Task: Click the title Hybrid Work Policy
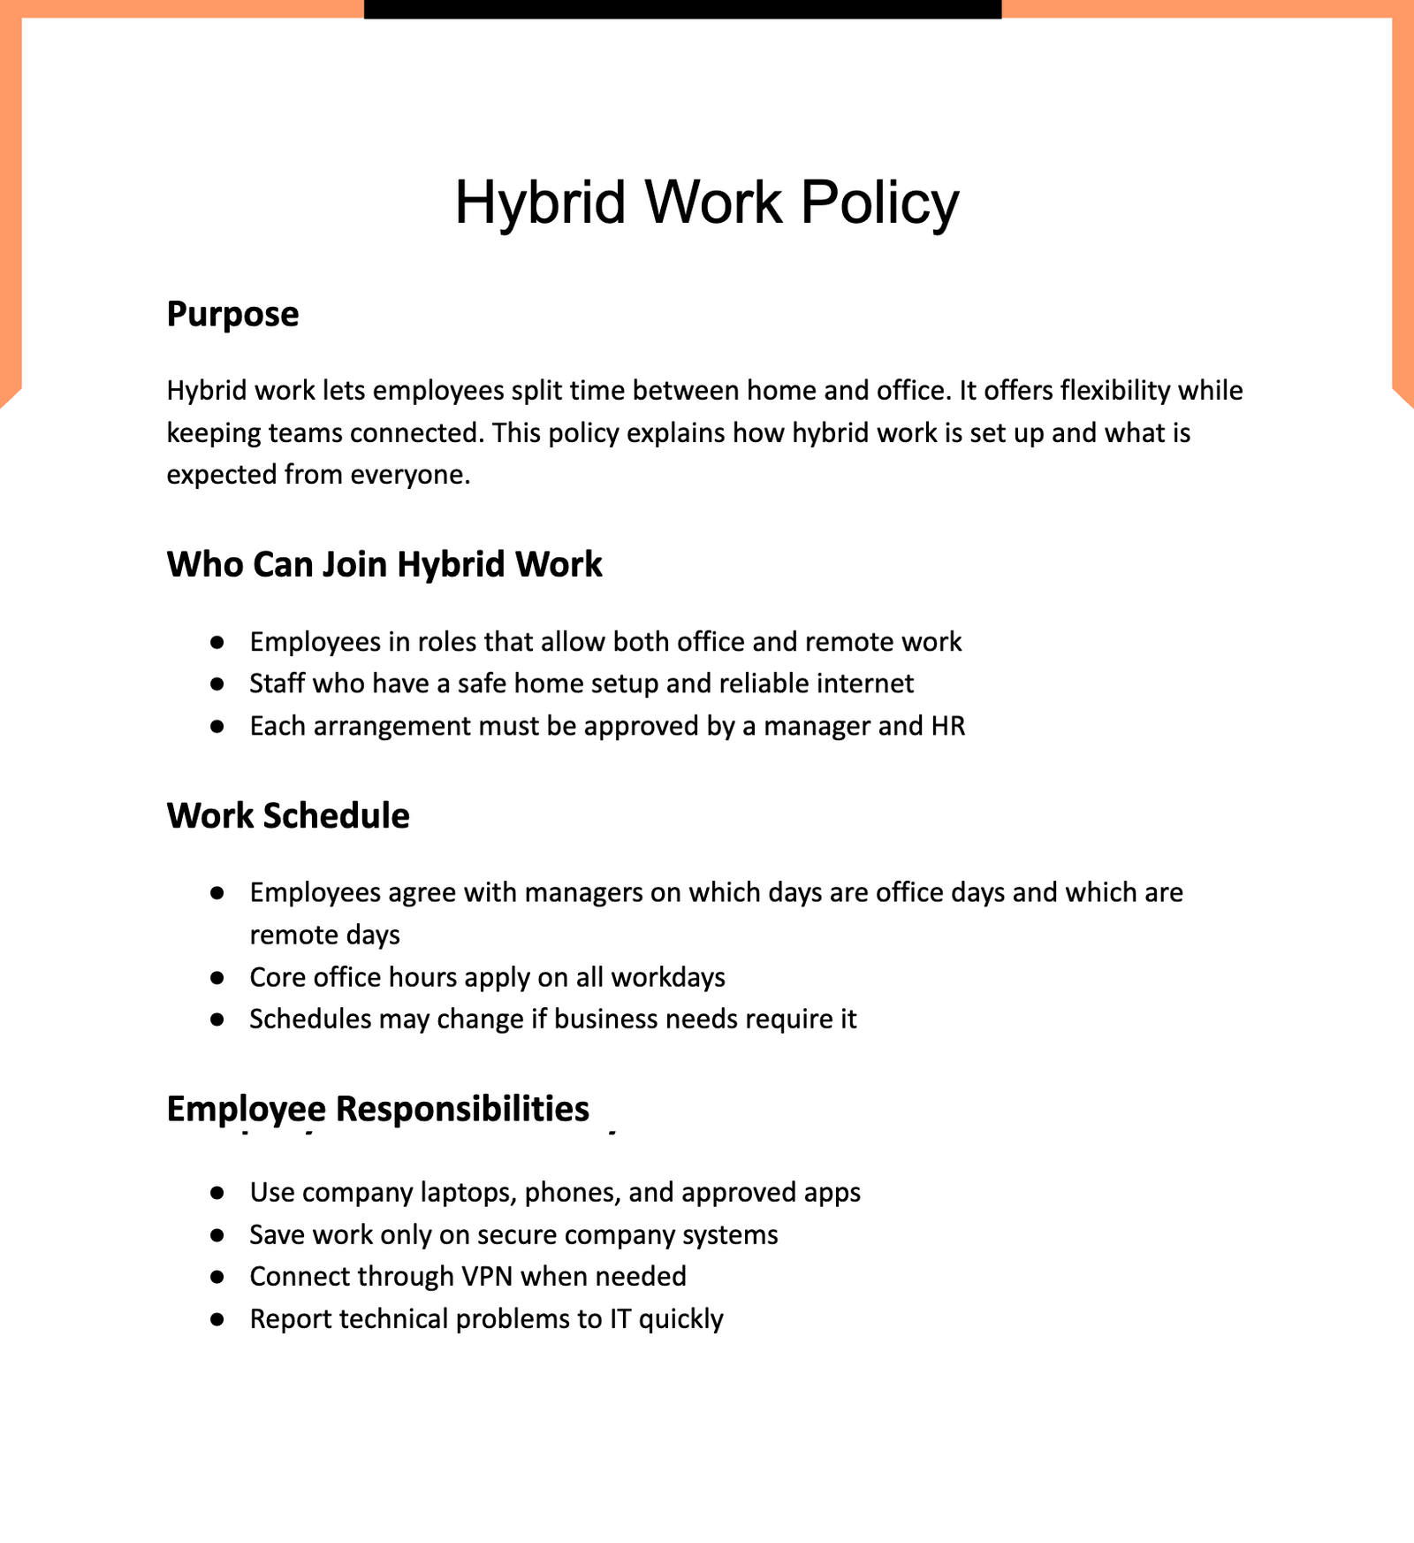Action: click(x=706, y=202)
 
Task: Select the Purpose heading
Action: click(x=232, y=315)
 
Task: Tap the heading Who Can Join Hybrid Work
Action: click(x=384, y=564)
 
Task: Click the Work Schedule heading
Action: click(x=288, y=815)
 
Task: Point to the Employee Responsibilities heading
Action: click(x=377, y=1109)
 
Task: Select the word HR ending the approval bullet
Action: click(x=948, y=726)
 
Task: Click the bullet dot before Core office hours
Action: click(x=217, y=978)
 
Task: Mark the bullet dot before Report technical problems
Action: click(x=217, y=1319)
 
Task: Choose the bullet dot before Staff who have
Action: click(x=217, y=684)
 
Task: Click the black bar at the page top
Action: click(x=682, y=9)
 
